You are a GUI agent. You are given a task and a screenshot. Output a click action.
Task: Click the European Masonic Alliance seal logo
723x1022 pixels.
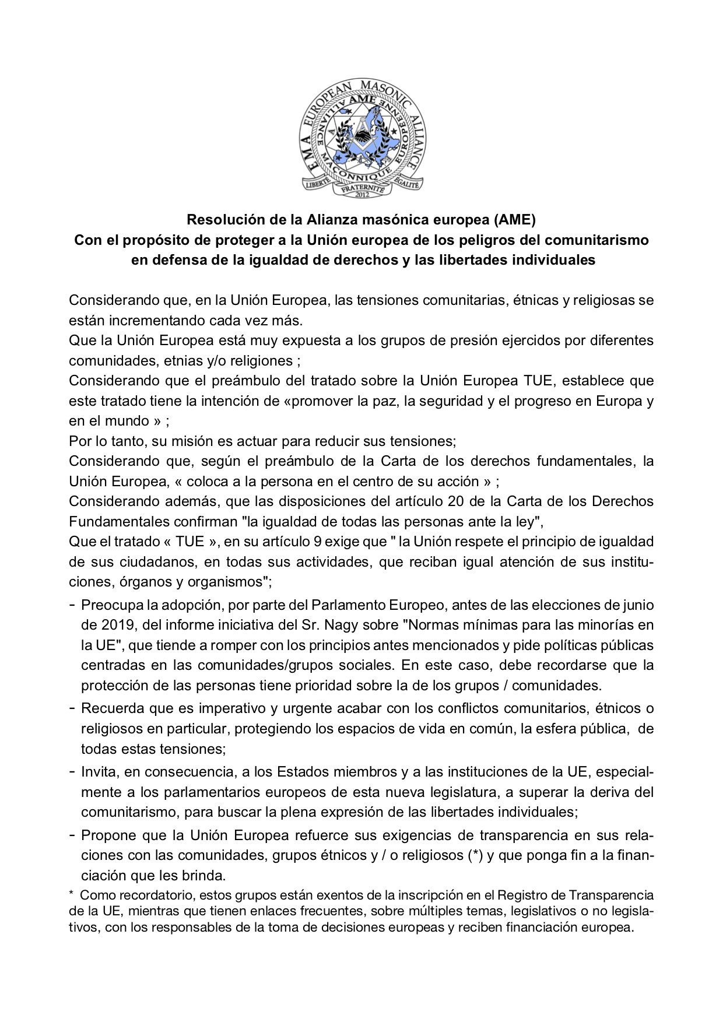(x=361, y=139)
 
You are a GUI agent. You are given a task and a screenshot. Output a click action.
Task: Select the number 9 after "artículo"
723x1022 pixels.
(x=317, y=541)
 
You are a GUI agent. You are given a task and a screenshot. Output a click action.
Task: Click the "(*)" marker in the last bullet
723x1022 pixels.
(x=476, y=855)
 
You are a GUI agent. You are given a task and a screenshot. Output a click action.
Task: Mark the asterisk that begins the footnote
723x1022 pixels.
(x=71, y=894)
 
